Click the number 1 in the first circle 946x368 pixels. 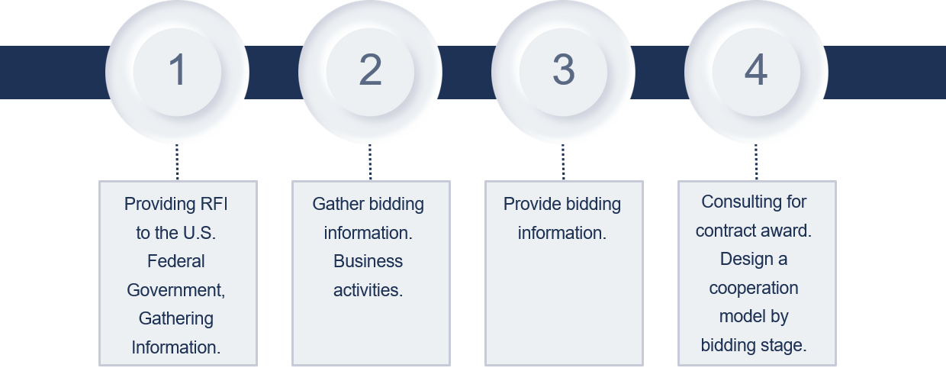(x=177, y=70)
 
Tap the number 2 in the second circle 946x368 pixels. (x=370, y=70)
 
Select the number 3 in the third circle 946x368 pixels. (x=563, y=70)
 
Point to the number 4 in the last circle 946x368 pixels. (x=756, y=70)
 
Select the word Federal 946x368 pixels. (x=176, y=261)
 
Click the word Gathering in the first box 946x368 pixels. (x=176, y=318)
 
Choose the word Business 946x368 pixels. (x=368, y=261)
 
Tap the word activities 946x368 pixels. (x=368, y=290)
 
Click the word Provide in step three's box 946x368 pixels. (x=531, y=204)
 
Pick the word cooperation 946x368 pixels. (x=754, y=288)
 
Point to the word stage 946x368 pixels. (x=783, y=345)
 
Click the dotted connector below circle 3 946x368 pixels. (x=563, y=162)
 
